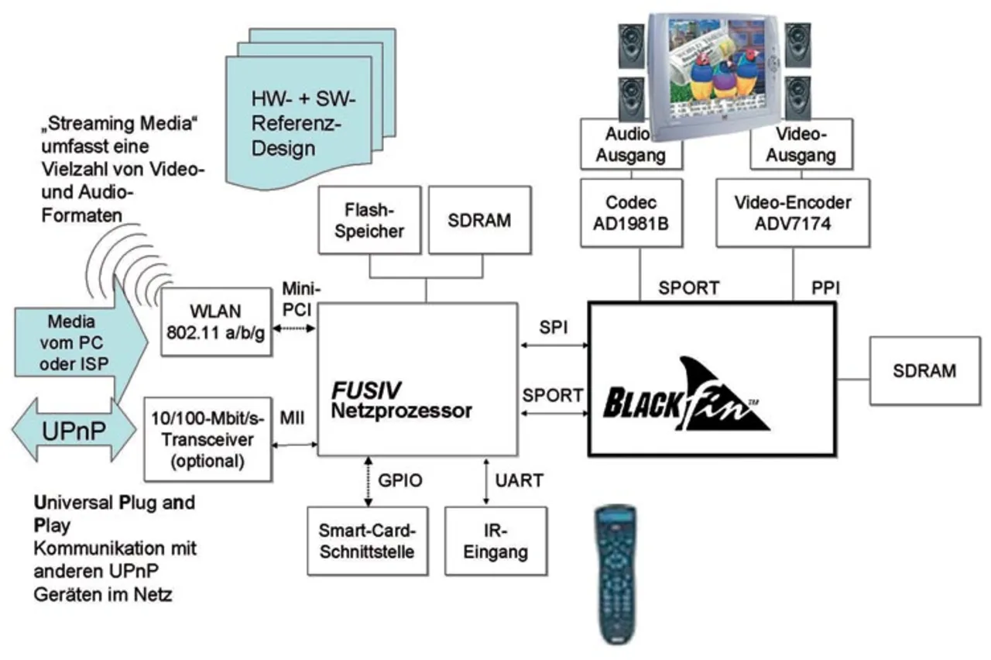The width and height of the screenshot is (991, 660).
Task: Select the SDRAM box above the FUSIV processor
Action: (480, 221)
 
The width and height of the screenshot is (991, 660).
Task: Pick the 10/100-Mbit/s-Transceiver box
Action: (207, 440)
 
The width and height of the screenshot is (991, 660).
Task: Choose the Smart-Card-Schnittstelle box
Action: (368, 541)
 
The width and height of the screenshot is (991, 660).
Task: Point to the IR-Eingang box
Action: (496, 541)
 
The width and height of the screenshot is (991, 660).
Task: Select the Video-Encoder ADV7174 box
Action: (792, 213)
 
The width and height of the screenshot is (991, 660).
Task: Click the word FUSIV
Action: (367, 388)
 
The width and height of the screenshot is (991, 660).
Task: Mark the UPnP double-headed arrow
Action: (74, 431)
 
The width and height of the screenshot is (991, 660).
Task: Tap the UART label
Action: (518, 480)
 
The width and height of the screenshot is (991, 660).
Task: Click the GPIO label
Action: (399, 480)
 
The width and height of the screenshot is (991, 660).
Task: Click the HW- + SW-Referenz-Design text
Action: (300, 124)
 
